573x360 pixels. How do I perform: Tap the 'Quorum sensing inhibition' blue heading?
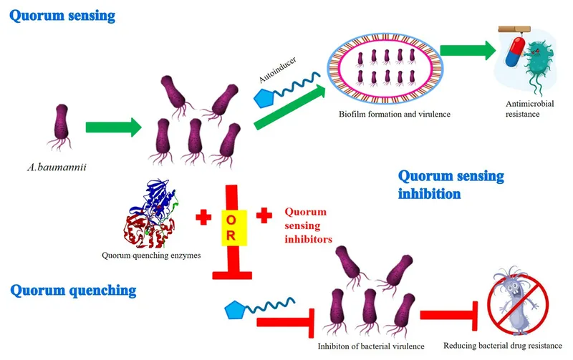tap(451, 184)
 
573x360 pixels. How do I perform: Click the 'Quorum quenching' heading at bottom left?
tap(73, 291)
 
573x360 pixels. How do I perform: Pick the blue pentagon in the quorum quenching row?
tap(237, 310)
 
